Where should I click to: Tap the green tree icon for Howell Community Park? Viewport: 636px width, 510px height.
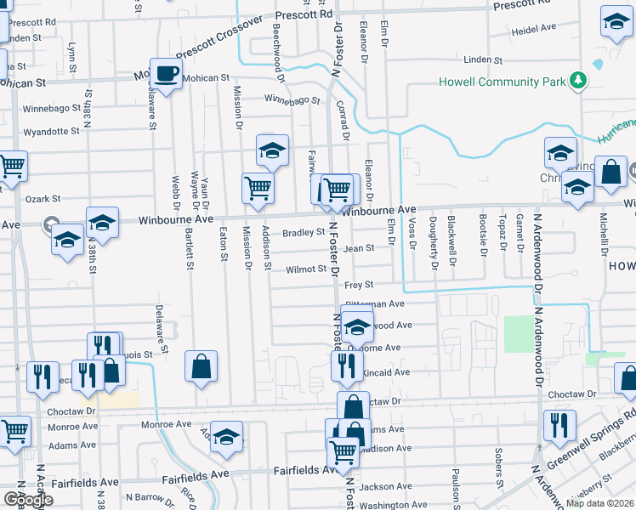579,81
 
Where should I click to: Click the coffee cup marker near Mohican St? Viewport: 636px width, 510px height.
166,73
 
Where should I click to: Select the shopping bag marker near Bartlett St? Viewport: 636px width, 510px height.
202,366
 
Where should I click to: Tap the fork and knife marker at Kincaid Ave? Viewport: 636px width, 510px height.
347,366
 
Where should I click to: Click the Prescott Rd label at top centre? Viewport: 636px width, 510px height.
304,14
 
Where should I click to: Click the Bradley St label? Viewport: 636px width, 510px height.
304,232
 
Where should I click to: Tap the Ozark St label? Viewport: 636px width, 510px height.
37,198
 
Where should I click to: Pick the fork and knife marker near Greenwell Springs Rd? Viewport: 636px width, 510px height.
559,425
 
